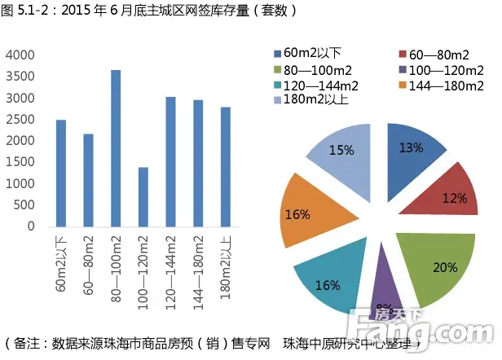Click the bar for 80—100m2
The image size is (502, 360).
tap(116, 148)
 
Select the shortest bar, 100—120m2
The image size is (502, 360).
tap(143, 196)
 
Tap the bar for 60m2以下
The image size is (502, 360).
tap(61, 173)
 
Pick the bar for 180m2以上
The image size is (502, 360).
tap(226, 166)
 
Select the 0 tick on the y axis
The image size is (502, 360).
tap(31, 226)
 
